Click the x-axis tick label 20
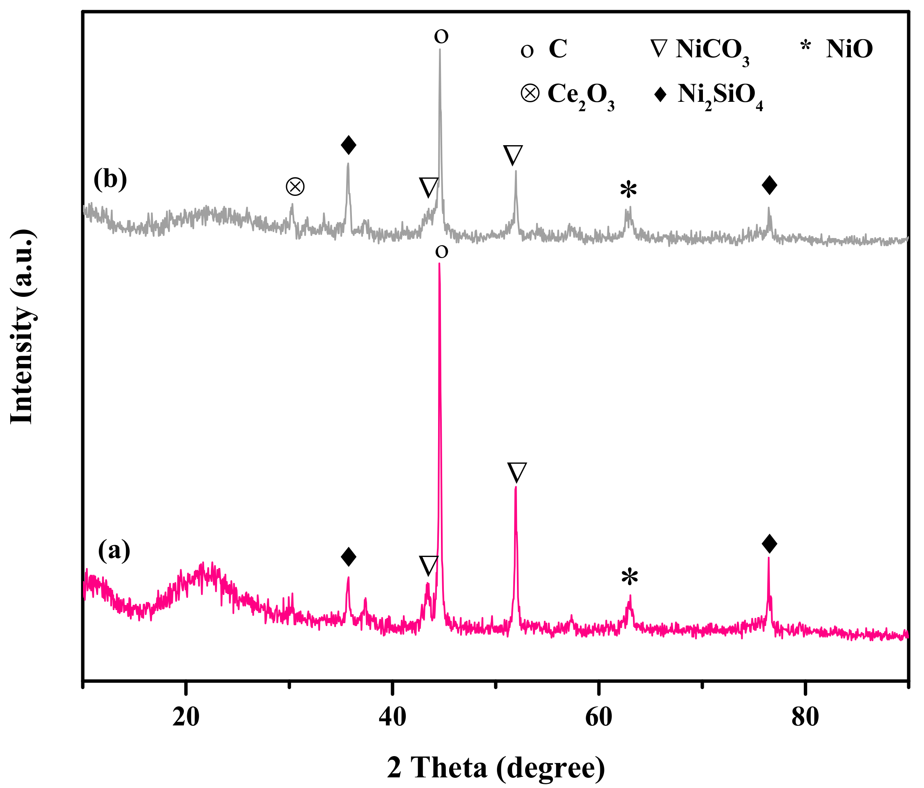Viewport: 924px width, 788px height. tap(186, 717)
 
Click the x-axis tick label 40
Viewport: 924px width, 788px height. tap(392, 717)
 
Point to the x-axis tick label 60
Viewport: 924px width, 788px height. tap(598, 717)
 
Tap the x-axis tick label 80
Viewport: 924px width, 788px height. tap(805, 717)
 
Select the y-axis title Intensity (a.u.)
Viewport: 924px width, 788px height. tap(22, 327)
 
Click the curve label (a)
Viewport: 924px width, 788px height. tap(114, 550)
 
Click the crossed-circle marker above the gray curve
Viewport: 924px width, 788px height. tap(295, 186)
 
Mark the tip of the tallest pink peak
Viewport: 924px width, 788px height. tap(440, 264)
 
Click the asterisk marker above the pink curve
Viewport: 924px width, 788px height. tap(630, 577)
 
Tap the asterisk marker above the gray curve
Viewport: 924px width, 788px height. tap(629, 191)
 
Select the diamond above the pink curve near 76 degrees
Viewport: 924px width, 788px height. tap(770, 543)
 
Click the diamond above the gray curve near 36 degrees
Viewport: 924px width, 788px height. tap(348, 145)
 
